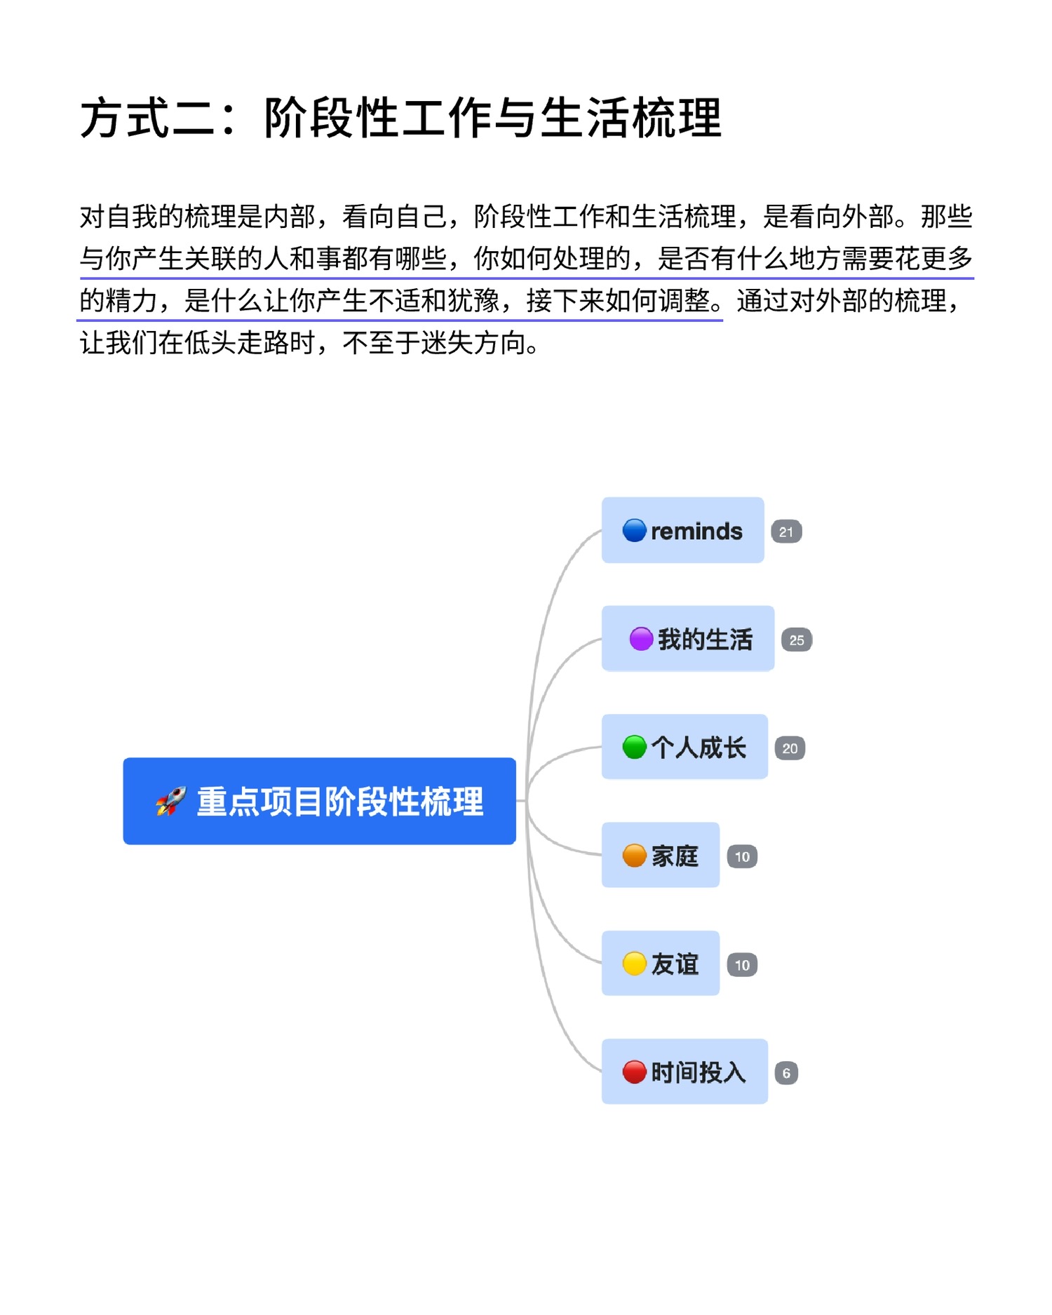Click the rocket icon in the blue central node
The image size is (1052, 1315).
pos(171,801)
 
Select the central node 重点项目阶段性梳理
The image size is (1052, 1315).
pos(319,801)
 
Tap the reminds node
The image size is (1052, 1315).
pos(682,530)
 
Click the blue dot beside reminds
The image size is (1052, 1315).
pos(634,530)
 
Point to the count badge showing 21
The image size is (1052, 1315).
pos(786,532)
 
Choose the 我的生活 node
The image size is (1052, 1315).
pos(688,638)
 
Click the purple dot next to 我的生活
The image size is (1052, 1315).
pos(641,639)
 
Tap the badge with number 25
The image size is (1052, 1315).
pos(797,640)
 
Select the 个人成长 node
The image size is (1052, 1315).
pos(685,747)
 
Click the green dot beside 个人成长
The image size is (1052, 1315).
pos(634,747)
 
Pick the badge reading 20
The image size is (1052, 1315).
pos(790,748)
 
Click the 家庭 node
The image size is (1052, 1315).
pos(661,855)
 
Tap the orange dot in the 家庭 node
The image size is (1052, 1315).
pos(634,856)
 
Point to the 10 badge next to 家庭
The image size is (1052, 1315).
pos(742,856)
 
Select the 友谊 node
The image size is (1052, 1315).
pos(661,963)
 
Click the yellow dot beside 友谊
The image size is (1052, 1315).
pos(634,964)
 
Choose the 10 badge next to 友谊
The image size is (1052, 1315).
pos(742,965)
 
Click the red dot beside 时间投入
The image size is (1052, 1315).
pos(634,1072)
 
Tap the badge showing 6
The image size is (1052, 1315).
pos(786,1073)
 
